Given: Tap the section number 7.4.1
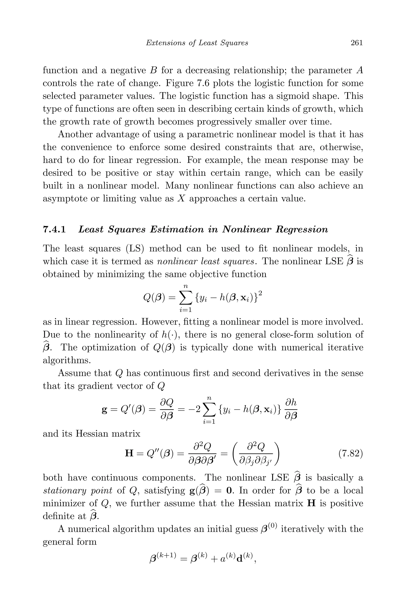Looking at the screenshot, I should [54, 229].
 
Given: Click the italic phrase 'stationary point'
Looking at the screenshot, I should [78, 490].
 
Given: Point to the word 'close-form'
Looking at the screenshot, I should [294, 334].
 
